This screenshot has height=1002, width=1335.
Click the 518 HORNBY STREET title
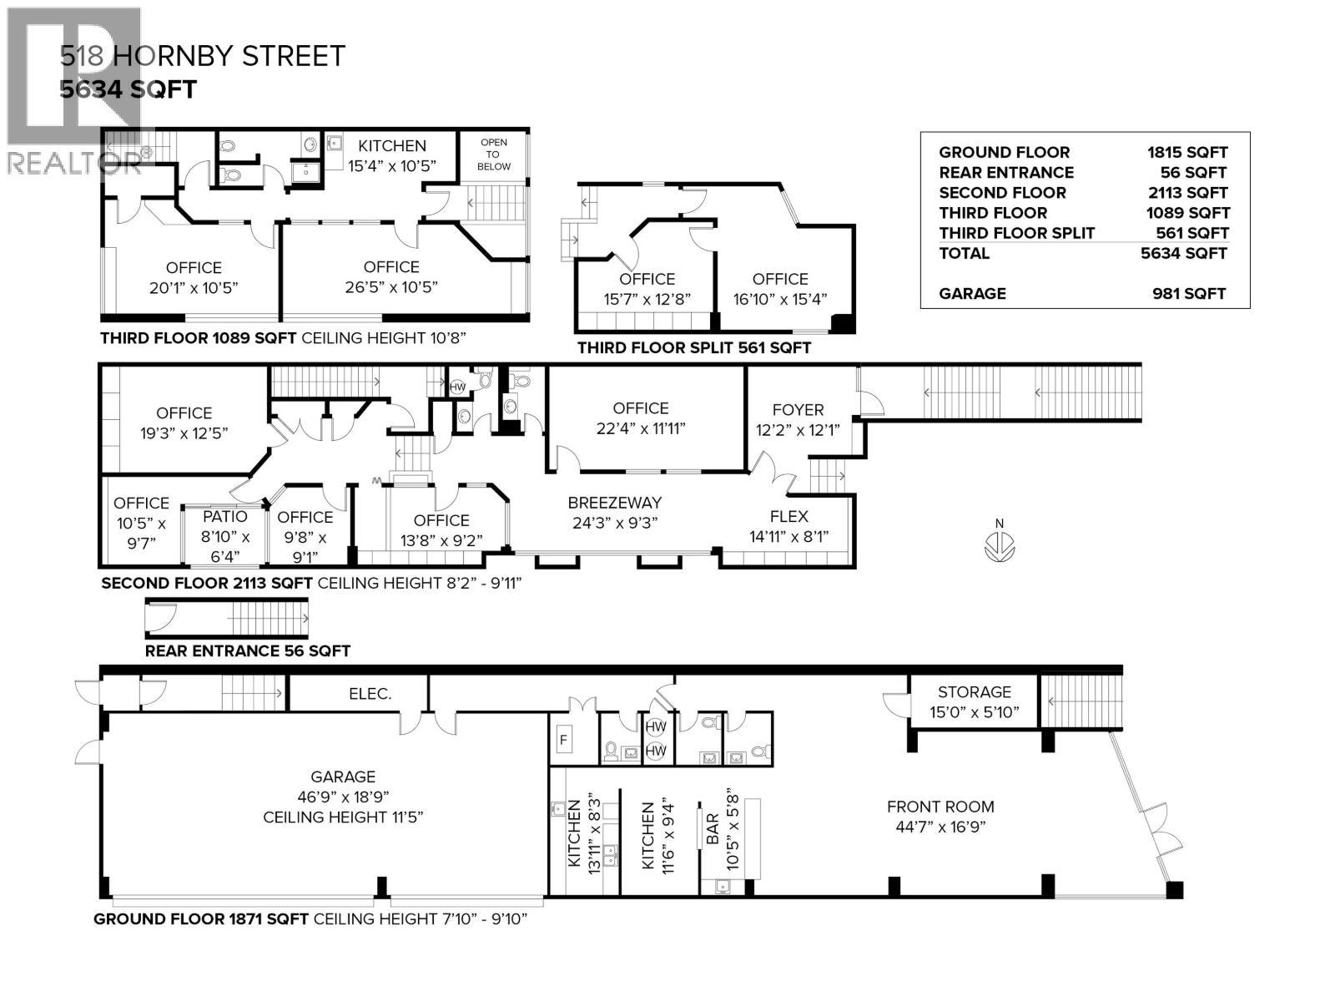point(203,56)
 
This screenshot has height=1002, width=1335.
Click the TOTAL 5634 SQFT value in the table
point(1184,253)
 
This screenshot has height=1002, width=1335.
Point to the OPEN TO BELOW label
point(493,154)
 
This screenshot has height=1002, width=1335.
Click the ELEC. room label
point(370,694)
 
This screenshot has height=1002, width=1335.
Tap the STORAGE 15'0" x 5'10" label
point(974,701)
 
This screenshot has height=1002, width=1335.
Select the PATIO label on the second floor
point(224,517)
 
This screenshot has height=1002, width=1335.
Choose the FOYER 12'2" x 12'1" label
point(798,419)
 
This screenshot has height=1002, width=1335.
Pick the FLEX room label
point(788,516)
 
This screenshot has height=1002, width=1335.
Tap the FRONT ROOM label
point(940,807)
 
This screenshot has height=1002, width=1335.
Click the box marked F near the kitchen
point(564,740)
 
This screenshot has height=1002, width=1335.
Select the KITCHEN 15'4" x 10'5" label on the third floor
point(391,155)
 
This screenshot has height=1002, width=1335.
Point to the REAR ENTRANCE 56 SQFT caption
point(247,650)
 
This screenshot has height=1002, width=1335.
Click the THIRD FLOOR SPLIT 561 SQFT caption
point(693,347)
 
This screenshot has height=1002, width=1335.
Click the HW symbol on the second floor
point(457,387)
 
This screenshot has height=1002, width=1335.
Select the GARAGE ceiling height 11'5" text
point(343,817)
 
